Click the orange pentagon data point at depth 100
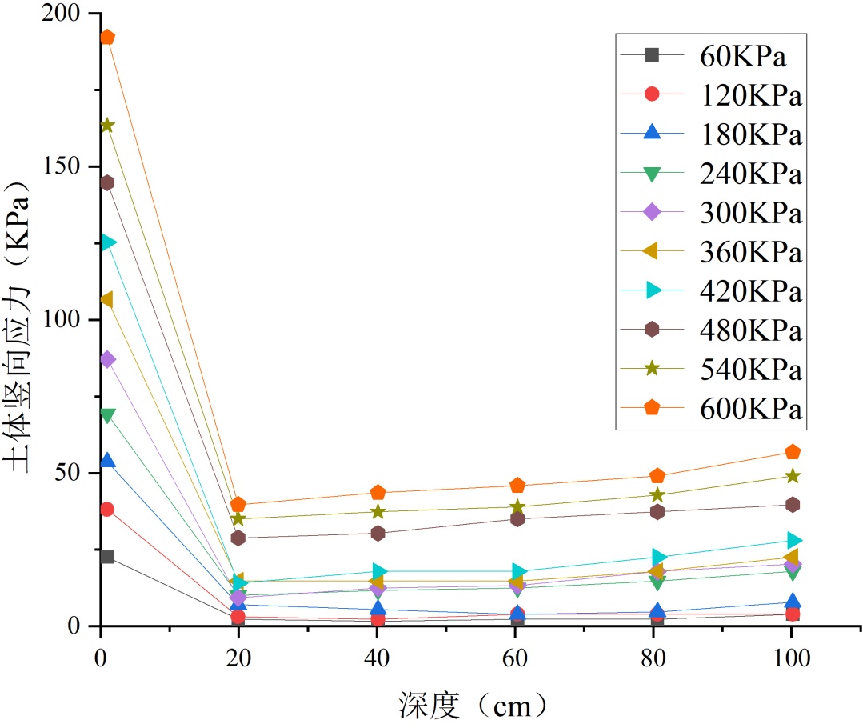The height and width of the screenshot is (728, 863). (x=792, y=453)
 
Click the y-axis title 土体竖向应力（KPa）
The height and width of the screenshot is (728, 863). (x=21, y=320)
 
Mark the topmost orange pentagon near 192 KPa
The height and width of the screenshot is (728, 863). (x=107, y=38)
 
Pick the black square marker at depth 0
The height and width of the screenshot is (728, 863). (x=107, y=557)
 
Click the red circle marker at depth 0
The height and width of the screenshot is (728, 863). (x=107, y=510)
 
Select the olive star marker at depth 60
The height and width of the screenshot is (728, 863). (x=517, y=506)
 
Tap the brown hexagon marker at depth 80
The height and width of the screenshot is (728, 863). (x=657, y=512)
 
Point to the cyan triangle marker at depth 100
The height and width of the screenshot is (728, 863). (x=793, y=541)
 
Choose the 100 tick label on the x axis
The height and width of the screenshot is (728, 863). (x=792, y=658)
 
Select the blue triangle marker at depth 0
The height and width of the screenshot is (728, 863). (x=107, y=461)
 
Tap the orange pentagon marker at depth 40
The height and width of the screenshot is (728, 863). (x=378, y=493)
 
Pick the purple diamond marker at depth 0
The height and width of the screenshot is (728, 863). (x=107, y=359)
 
